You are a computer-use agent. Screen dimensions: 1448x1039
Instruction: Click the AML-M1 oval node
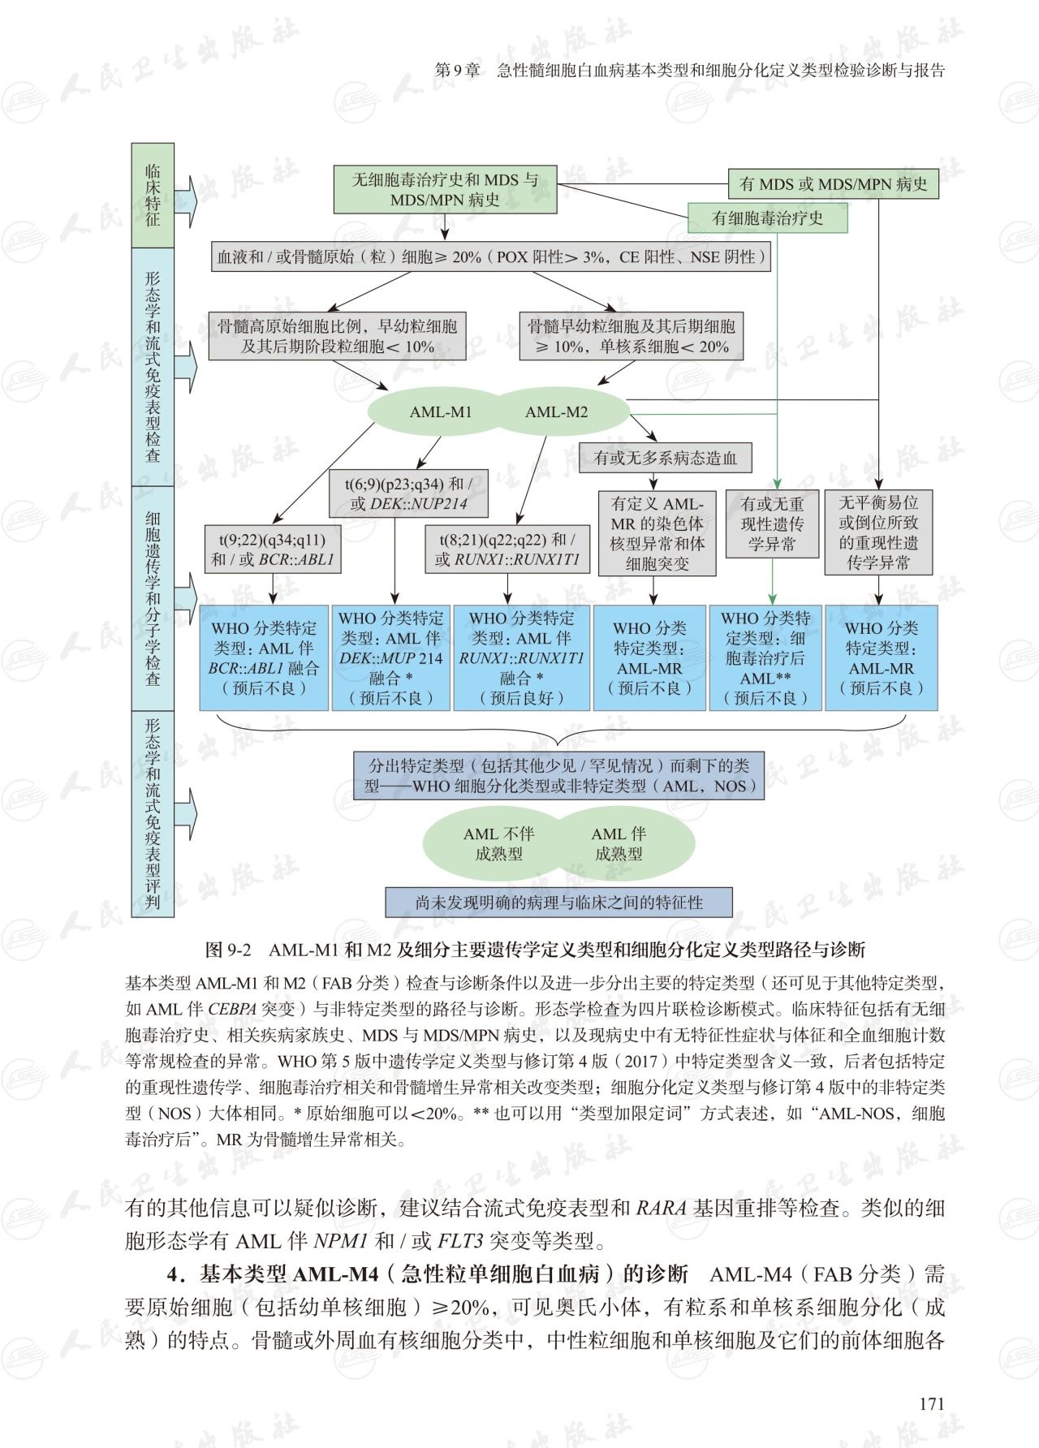[441, 412]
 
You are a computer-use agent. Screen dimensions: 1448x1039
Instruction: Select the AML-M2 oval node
[557, 412]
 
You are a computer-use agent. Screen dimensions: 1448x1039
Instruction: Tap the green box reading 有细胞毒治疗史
[767, 218]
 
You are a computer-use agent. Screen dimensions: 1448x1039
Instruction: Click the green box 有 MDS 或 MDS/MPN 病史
[833, 184]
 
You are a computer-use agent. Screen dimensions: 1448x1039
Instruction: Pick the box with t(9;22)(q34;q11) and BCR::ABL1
[273, 549]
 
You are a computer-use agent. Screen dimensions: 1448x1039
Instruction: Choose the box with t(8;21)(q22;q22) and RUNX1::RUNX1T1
[507, 549]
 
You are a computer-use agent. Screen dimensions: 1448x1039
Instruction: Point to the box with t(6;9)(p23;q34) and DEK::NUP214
[409, 493]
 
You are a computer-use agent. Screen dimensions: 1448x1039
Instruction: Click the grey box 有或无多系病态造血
[665, 458]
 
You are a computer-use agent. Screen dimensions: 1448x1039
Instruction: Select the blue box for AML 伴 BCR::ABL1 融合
[265, 657]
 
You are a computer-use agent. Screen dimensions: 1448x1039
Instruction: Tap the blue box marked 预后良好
[522, 657]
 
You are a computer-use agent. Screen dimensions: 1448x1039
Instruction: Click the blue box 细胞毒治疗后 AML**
[766, 657]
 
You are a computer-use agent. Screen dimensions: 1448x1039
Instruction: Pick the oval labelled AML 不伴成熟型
[498, 843]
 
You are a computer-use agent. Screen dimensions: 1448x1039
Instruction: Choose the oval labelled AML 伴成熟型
[619, 843]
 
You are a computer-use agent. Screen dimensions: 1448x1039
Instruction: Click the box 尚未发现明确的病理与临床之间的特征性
[559, 902]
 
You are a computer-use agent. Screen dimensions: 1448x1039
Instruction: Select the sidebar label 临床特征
[153, 195]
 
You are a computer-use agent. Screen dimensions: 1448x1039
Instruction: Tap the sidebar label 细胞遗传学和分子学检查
[153, 598]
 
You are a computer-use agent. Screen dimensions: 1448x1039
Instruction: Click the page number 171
[932, 1403]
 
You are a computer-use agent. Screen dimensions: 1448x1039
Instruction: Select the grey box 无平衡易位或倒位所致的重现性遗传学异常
[878, 532]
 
